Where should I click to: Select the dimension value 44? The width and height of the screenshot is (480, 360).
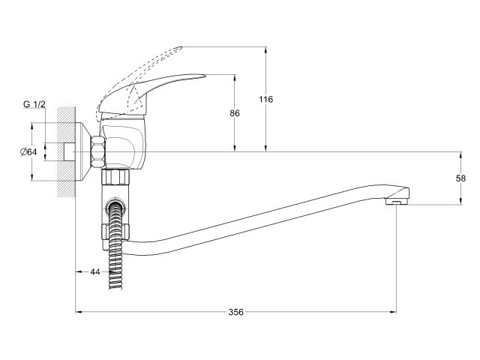coord(95,271)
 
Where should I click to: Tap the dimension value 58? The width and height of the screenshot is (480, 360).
coord(460,178)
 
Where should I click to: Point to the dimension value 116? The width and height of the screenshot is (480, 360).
coord(265,99)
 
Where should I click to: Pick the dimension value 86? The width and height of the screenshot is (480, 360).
coord(235,113)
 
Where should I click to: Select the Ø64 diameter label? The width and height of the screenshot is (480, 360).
coord(28,152)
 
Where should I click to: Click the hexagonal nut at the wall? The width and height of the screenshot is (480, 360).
coord(97,152)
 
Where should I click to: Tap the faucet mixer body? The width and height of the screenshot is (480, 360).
coord(124,146)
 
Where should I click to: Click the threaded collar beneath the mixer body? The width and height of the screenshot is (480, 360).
coord(117,178)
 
